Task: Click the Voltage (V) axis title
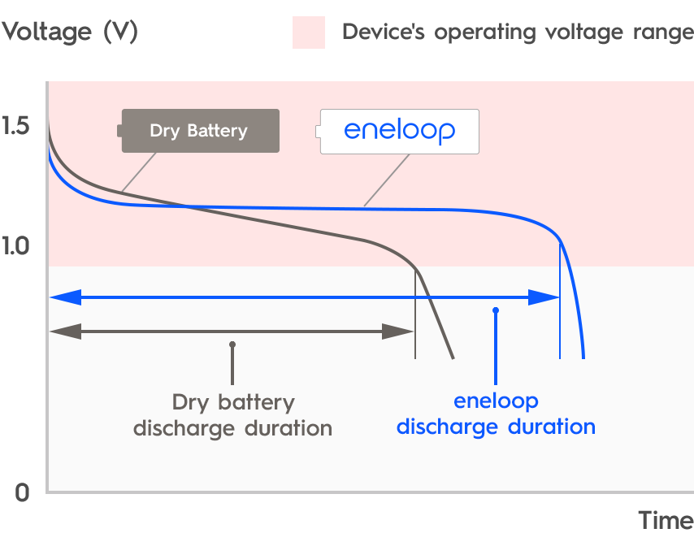(70, 32)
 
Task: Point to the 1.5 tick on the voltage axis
(16, 126)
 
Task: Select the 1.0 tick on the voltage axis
(16, 245)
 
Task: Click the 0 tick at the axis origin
(22, 492)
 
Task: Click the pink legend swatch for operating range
(309, 32)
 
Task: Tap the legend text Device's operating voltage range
(517, 32)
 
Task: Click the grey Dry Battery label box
(200, 131)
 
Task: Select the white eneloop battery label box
(399, 131)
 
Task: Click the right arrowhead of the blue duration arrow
(543, 297)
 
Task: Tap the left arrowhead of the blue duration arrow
(65, 297)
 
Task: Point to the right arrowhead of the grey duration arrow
(399, 331)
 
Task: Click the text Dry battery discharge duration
(232, 415)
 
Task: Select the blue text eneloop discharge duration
(496, 414)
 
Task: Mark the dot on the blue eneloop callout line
(495, 310)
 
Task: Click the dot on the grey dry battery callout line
(232, 344)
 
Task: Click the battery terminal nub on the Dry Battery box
(119, 131)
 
